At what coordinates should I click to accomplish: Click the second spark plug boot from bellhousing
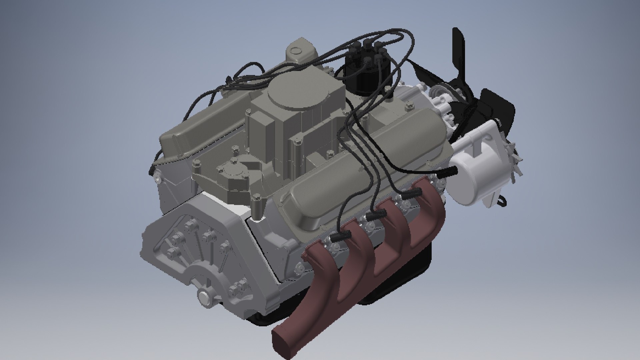pos(377,215)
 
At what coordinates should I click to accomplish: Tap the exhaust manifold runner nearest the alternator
pos(430,213)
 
